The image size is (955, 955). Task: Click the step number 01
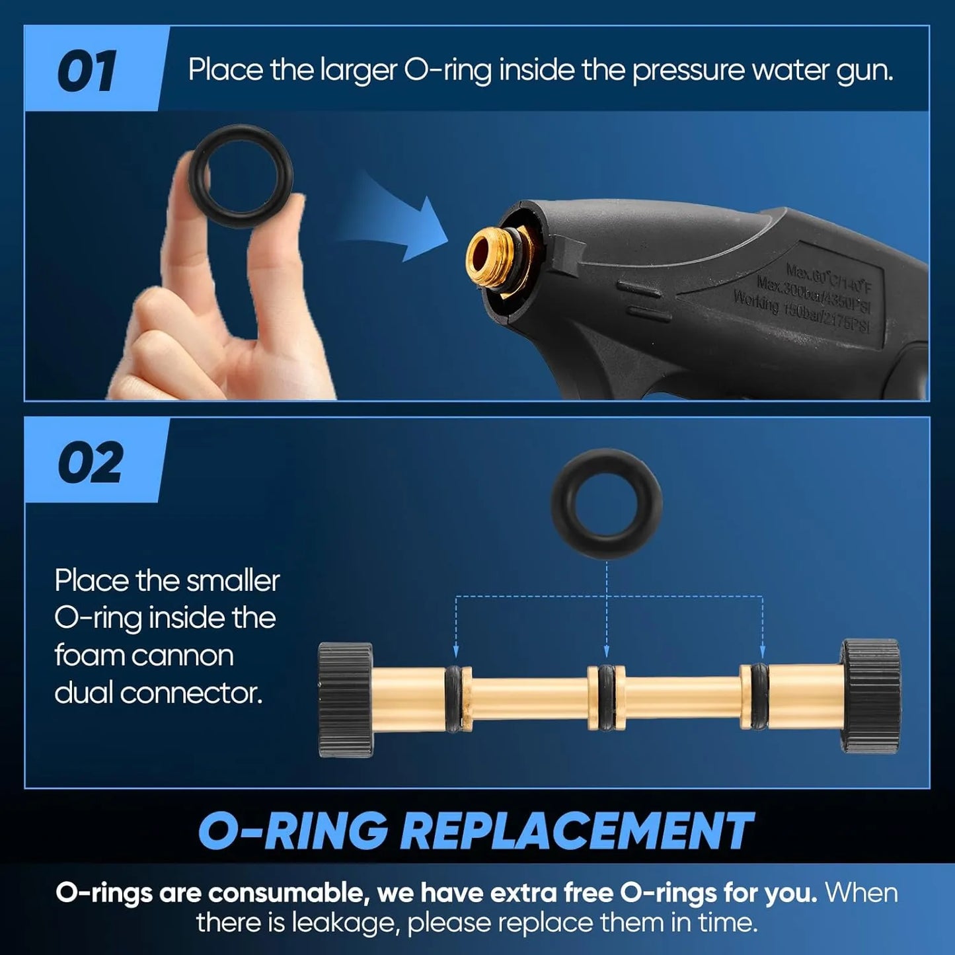click(87, 71)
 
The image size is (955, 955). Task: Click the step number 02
click(90, 463)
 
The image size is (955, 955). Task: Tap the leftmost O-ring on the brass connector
click(454, 698)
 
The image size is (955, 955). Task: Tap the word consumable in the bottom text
click(286, 893)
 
